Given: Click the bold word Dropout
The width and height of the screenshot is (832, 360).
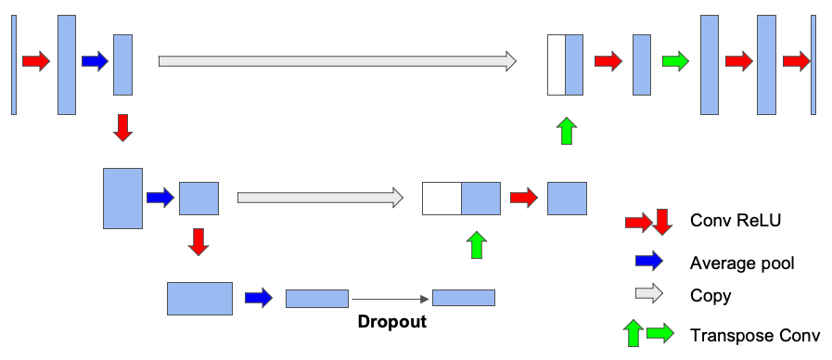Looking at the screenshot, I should (x=392, y=323).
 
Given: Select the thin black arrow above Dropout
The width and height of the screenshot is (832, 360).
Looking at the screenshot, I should (x=390, y=299).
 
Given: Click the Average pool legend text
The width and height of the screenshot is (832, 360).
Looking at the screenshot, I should (x=742, y=263).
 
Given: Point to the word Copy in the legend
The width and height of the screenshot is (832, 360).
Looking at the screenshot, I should (x=710, y=296).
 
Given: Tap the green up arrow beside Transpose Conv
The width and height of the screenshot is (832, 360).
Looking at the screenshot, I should (x=635, y=333).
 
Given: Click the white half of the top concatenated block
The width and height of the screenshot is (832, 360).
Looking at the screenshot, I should (x=556, y=65).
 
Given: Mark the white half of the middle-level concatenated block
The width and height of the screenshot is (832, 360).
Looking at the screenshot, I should (x=442, y=199).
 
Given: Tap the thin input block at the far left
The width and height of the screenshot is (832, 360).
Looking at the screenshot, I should (x=14, y=65).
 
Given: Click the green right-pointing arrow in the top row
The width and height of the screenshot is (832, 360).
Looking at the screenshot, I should (x=677, y=62).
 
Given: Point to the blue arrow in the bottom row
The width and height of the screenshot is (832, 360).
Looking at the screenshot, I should (x=259, y=298).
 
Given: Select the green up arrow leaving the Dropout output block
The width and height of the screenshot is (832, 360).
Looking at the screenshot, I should (x=477, y=245).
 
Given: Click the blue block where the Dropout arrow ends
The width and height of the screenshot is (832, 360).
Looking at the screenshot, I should (x=464, y=298).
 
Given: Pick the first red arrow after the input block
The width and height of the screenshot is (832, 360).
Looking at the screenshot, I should (x=36, y=62).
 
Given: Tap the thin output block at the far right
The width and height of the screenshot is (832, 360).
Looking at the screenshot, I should (x=813, y=65).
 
